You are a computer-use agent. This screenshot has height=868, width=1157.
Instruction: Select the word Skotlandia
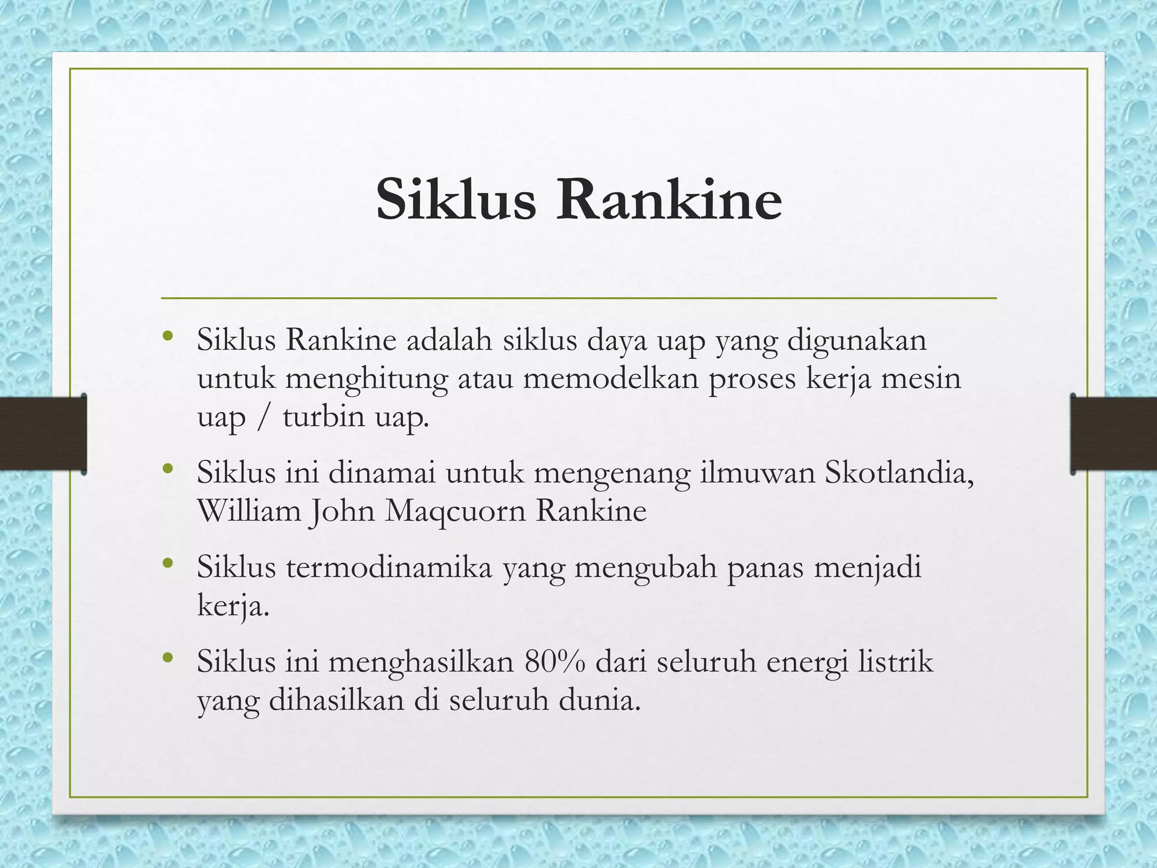pos(899,472)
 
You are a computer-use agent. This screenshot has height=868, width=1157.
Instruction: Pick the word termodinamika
pos(389,567)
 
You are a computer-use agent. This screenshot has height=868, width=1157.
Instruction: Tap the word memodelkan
pos(611,378)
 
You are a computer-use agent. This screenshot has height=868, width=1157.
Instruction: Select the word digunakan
pos(857,341)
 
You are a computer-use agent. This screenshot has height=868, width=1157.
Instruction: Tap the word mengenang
pos(612,474)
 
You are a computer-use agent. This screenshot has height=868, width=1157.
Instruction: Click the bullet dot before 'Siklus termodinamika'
pos(166,563)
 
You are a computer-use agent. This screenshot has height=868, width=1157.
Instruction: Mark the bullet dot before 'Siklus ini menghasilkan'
pos(166,657)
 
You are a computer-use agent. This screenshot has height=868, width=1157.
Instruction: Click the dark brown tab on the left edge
pos(43,433)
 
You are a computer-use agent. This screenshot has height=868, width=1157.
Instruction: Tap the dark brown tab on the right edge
pos(1113,433)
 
